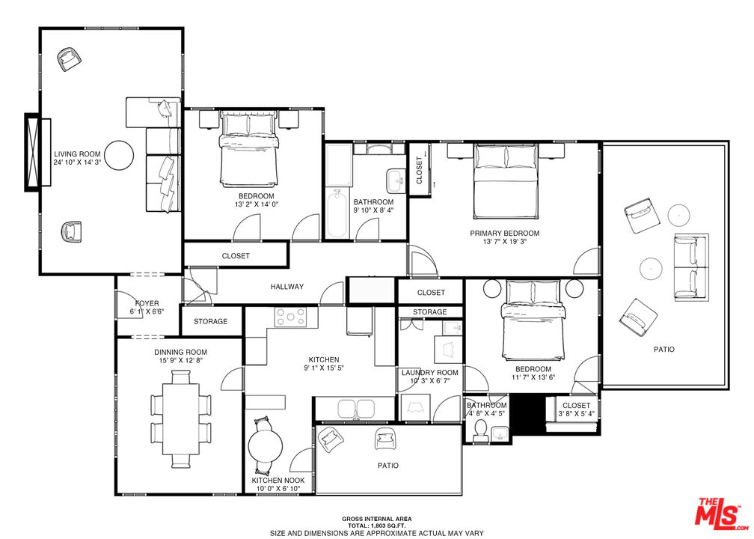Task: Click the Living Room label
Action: point(77,154)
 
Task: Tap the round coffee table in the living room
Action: point(119,155)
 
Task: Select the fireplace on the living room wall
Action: point(38,152)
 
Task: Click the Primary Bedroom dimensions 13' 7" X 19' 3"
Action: point(504,242)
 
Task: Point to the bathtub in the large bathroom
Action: point(337,213)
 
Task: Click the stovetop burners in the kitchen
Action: point(290,317)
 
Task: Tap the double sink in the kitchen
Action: point(356,409)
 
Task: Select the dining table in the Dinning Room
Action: point(181,418)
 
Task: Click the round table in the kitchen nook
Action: point(265,446)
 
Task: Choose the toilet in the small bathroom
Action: point(480,430)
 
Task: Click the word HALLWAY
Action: point(287,287)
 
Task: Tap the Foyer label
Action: point(147,304)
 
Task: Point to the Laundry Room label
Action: point(430,373)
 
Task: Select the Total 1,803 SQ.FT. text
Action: point(376,526)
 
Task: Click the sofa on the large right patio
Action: point(691,267)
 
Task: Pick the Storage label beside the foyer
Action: point(211,321)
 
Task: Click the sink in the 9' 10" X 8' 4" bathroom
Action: point(396,181)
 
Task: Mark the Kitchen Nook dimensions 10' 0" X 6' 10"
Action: point(278,488)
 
